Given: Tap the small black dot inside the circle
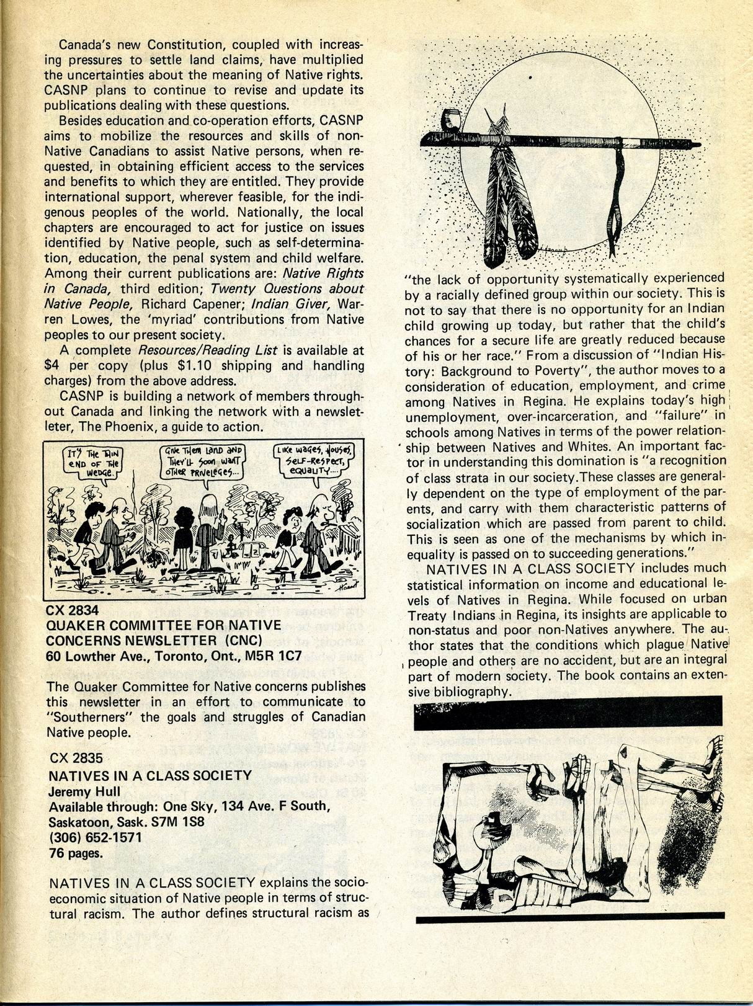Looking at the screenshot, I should (x=531, y=78).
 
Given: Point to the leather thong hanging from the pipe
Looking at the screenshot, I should (x=617, y=198).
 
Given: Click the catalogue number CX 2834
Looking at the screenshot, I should (x=73, y=610).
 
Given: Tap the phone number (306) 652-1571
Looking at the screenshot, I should (x=96, y=837).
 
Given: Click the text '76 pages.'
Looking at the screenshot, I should (x=75, y=853).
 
